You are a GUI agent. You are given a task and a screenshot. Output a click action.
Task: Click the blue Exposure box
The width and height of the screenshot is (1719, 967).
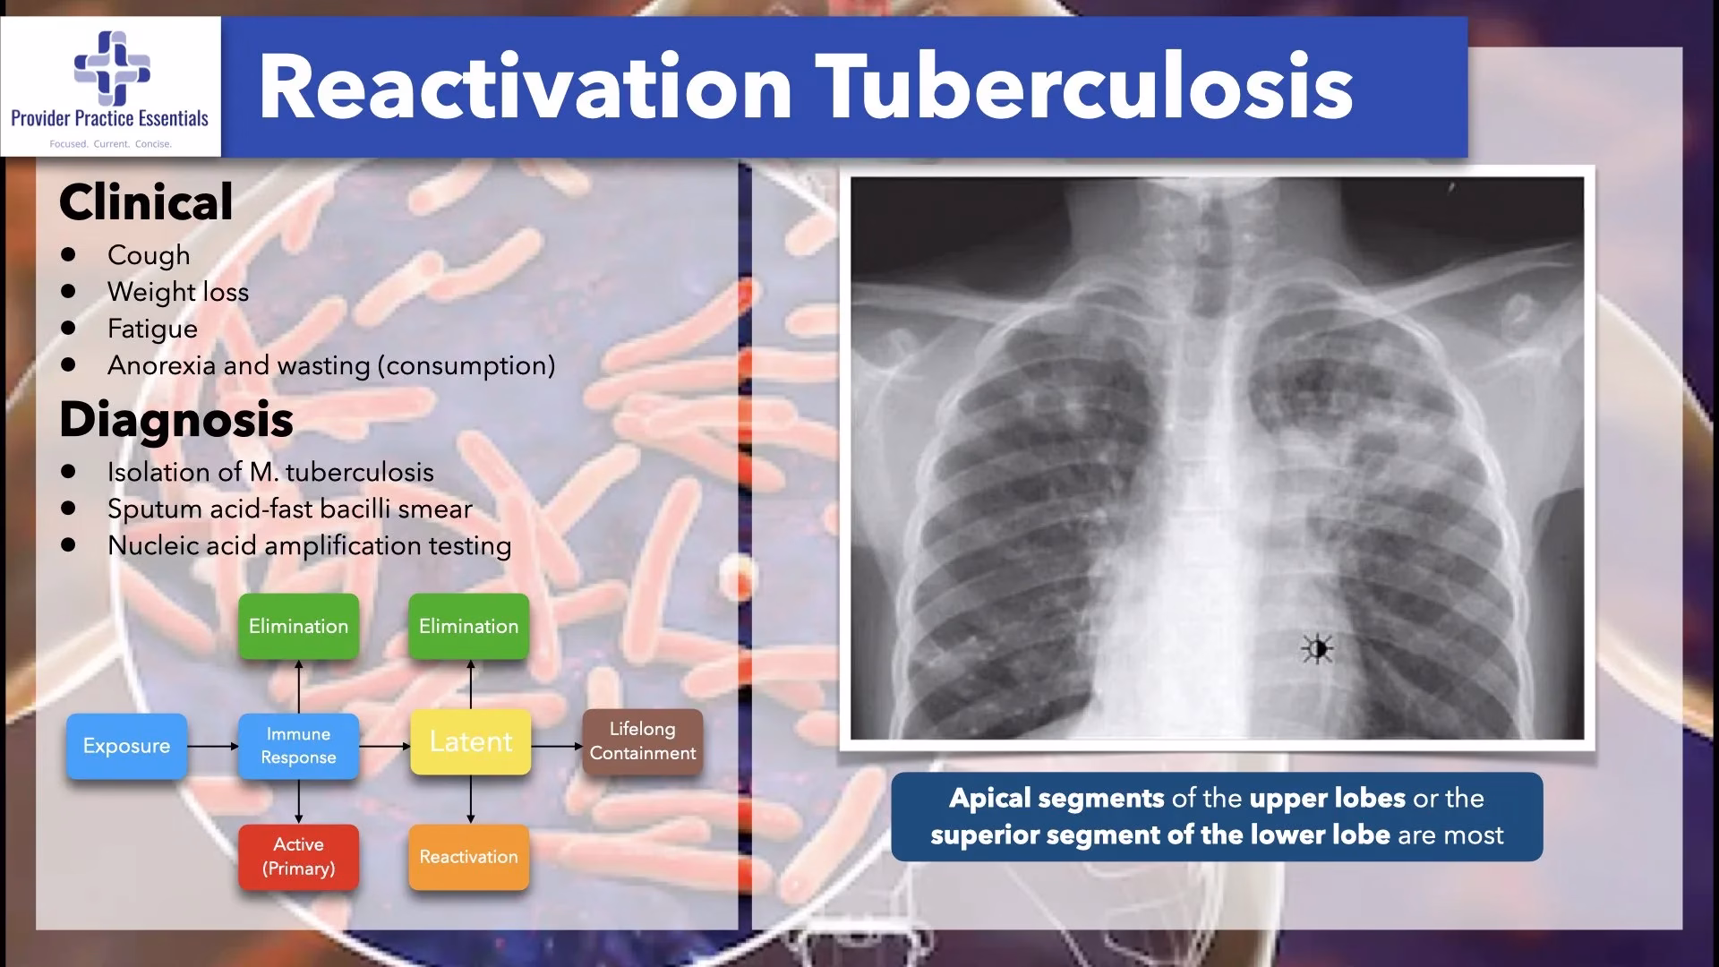click(126, 746)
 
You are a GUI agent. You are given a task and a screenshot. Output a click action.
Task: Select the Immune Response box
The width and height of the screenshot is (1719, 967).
click(298, 746)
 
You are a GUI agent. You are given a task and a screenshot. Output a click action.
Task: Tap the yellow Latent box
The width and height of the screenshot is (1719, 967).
click(470, 742)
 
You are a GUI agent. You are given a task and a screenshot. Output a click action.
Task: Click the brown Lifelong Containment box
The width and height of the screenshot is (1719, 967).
click(642, 741)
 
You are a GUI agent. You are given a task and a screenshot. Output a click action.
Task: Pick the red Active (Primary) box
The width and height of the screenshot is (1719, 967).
click(298, 857)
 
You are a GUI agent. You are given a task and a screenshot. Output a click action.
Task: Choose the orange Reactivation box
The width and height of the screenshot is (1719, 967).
click(468, 857)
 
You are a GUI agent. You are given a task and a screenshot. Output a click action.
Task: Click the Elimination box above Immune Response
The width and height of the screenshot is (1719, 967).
click(298, 627)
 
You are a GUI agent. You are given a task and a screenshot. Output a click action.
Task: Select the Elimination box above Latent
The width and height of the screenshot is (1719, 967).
click(468, 627)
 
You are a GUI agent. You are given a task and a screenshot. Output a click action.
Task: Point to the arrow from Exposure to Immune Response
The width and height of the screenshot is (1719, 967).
click(213, 746)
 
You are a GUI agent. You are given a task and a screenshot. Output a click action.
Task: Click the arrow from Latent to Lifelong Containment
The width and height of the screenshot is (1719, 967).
click(557, 746)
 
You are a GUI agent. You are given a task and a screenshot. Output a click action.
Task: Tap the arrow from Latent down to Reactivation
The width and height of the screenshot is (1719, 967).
click(471, 800)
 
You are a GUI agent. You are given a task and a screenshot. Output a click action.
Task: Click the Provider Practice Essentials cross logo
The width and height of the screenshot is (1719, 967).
click(112, 68)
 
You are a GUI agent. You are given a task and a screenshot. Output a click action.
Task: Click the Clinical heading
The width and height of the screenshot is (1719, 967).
click(146, 201)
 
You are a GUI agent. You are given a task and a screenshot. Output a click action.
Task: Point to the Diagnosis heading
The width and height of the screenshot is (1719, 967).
click(176, 419)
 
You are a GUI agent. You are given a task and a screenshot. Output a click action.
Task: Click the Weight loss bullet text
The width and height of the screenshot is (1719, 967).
click(178, 292)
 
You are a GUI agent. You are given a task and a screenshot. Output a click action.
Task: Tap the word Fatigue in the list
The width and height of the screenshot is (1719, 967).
click(152, 329)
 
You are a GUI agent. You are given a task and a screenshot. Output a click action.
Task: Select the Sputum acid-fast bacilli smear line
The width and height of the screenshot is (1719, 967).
click(289, 509)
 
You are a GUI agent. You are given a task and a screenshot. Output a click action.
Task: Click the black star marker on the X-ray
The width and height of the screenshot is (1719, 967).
click(1317, 648)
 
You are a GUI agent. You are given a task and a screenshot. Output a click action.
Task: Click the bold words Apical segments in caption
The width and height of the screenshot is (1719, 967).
click(1056, 799)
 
